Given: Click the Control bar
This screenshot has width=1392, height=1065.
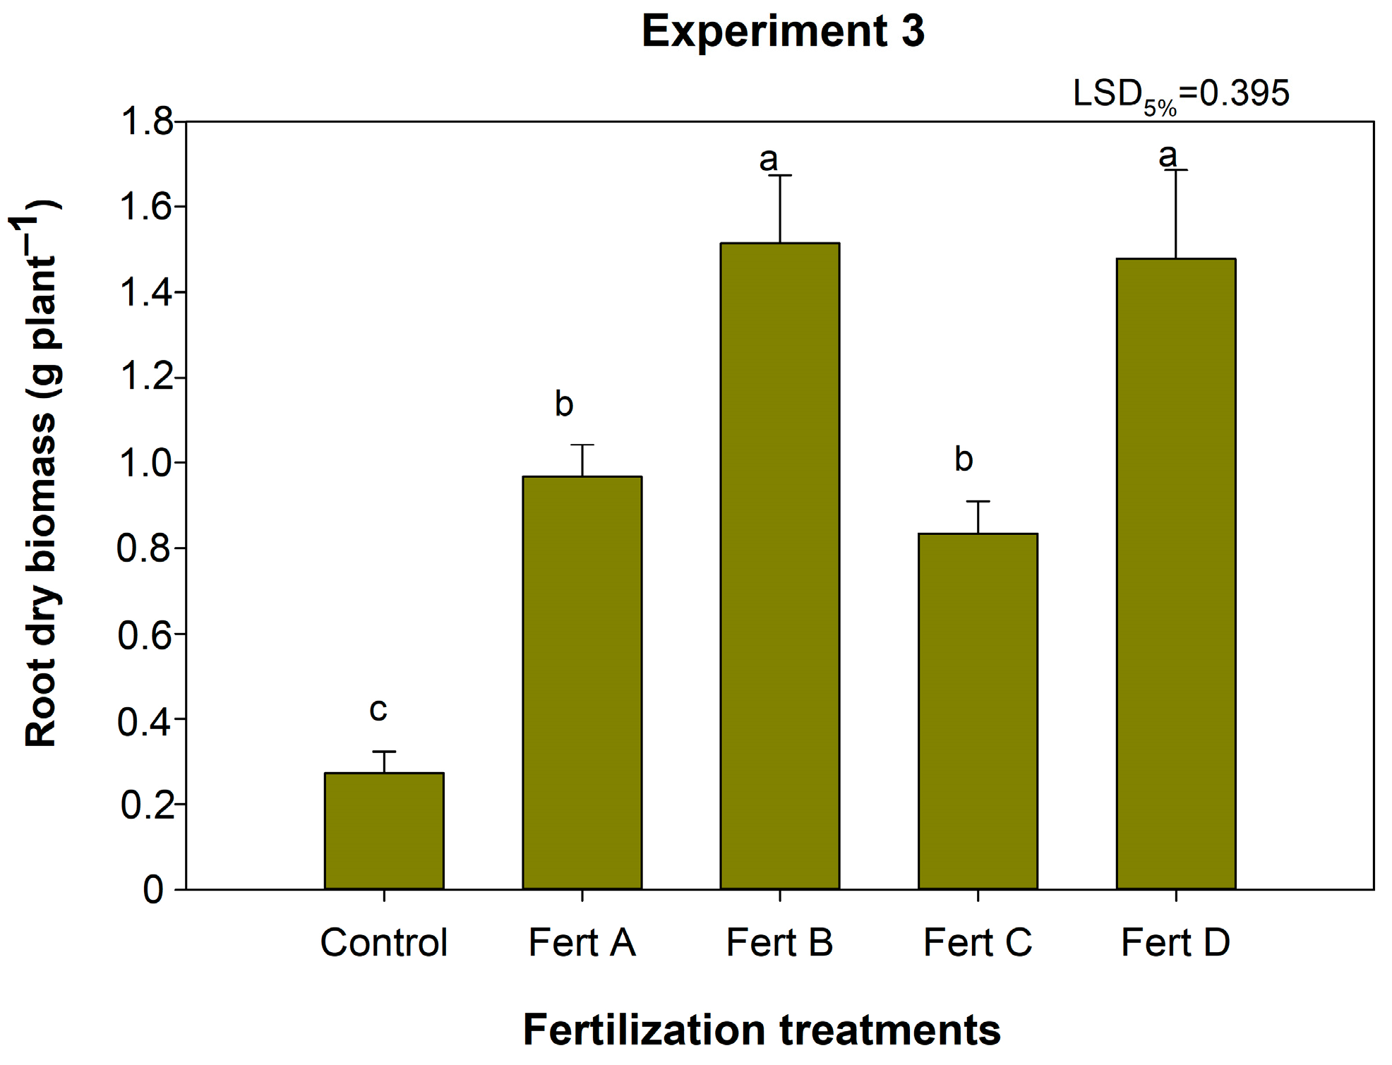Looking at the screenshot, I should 384,831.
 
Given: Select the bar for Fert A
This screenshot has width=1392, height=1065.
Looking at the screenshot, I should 582,682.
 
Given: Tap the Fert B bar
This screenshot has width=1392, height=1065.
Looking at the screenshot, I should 779,566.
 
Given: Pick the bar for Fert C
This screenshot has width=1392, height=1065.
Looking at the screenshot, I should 978,711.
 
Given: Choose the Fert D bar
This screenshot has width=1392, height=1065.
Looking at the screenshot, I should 1175,574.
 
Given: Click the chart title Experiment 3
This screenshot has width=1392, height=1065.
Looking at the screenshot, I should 783,32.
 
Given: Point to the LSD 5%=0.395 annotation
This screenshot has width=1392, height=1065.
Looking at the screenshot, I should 1180,96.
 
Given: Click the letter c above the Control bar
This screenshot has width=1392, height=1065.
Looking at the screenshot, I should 378,709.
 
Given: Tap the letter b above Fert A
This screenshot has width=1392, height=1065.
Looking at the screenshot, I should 563,404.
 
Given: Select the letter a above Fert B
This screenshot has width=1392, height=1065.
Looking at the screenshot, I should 768,160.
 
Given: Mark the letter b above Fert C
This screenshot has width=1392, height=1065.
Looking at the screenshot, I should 964,459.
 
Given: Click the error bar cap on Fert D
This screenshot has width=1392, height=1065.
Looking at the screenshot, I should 1175,170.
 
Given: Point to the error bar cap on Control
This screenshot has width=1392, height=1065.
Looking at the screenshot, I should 384,752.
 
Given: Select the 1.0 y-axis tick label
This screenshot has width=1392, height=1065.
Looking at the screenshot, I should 146,464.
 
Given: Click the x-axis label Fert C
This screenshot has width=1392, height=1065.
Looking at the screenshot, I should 978,942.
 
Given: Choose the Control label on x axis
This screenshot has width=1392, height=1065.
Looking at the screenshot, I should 384,942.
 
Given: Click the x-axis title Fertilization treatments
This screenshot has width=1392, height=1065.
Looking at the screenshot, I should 762,1030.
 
